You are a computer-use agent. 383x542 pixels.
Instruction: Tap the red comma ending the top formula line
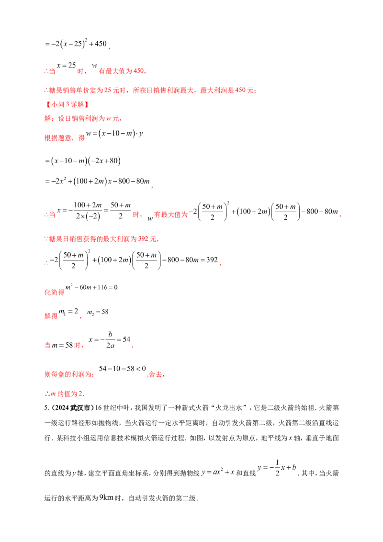coord(111,47)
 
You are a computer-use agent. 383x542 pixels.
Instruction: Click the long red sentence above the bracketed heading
coord(149,90)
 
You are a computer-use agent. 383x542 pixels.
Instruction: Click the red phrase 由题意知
coord(57,138)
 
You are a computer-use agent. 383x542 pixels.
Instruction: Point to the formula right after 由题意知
coord(115,135)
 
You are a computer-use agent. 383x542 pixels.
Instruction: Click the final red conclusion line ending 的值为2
coord(64,394)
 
